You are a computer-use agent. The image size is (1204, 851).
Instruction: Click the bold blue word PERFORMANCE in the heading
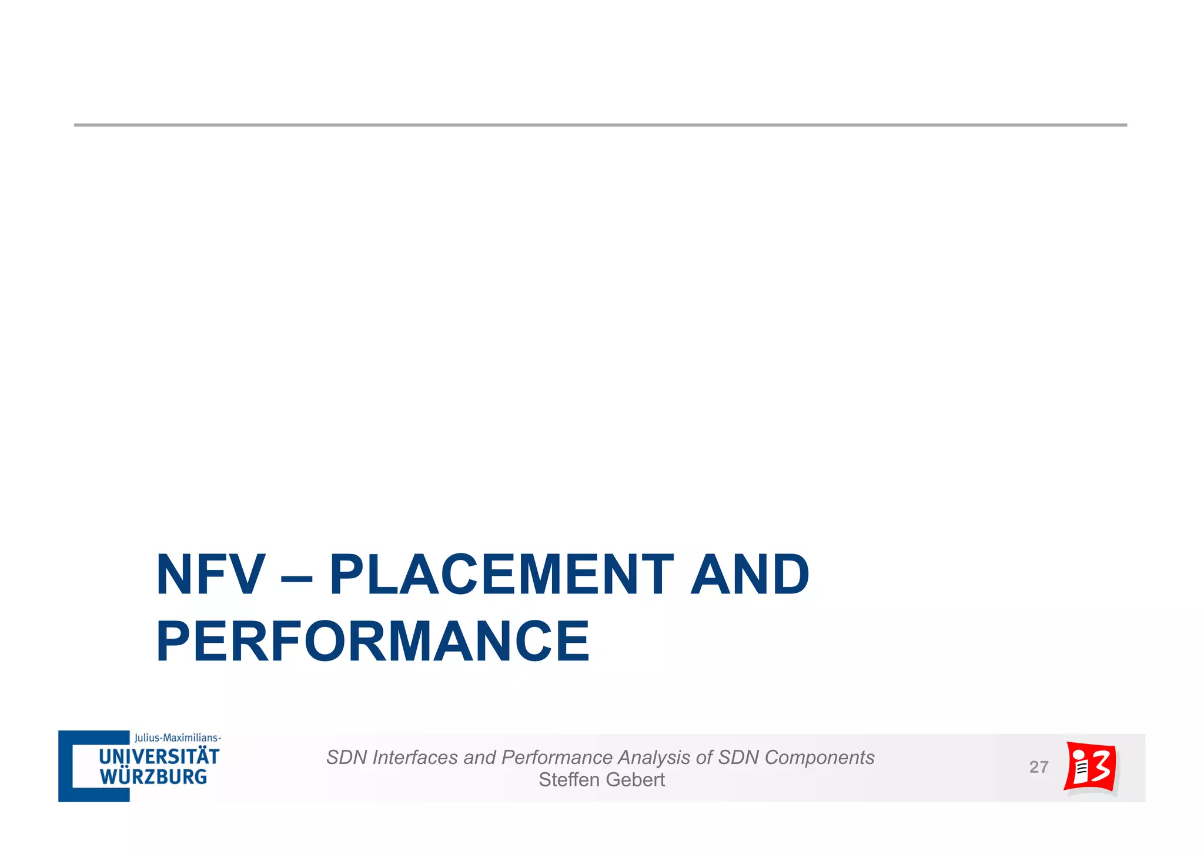tap(373, 642)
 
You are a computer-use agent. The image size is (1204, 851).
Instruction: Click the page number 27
tap(1039, 767)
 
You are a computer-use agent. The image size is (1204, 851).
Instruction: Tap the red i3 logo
tap(1091, 768)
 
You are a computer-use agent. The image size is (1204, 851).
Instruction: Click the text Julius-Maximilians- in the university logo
tap(178, 737)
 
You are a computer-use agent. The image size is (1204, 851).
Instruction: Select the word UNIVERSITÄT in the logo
tap(159, 757)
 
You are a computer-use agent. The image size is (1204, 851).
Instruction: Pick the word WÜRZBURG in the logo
tap(153, 777)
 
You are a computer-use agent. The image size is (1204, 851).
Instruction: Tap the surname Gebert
tap(635, 780)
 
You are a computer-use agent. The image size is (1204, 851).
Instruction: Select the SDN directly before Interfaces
tap(347, 757)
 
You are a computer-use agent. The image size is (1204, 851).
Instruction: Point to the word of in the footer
tap(704, 757)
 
